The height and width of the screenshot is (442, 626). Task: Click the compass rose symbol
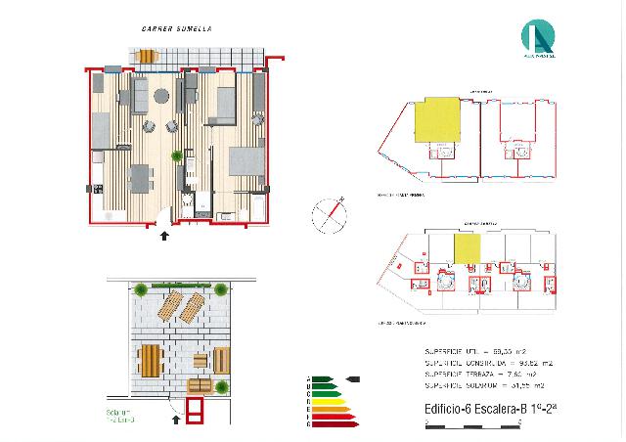click(x=328, y=215)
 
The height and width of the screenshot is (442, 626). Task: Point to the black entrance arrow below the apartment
click(x=163, y=234)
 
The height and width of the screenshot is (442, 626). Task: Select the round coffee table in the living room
click(x=161, y=96)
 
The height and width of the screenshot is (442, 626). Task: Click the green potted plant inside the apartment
click(x=177, y=155)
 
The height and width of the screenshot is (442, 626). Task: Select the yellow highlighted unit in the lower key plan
click(x=468, y=250)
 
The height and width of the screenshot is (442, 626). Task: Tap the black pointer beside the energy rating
click(x=351, y=378)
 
